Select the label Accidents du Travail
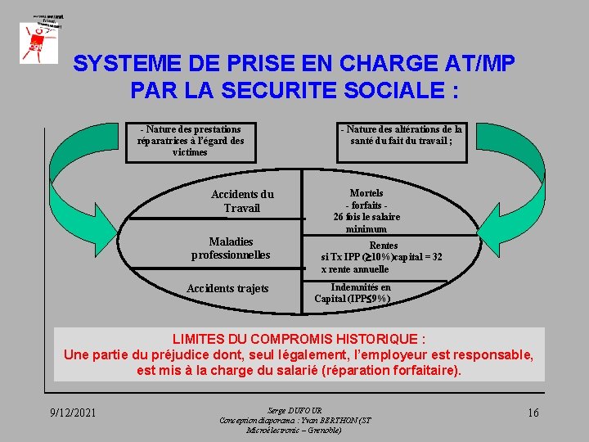pyautogui.click(x=242, y=201)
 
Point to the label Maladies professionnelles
pyautogui.click(x=231, y=248)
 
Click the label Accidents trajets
pyautogui.click(x=227, y=288)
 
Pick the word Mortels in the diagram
pyautogui.click(x=366, y=193)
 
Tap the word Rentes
pyautogui.click(x=383, y=245)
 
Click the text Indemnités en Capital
pyautogui.click(x=353, y=293)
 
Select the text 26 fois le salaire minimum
pyautogui.click(x=366, y=223)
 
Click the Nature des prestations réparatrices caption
pyautogui.click(x=191, y=141)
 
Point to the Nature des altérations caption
pyautogui.click(x=401, y=135)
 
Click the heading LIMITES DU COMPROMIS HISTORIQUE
pyautogui.click(x=299, y=339)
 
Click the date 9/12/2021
pyautogui.click(x=72, y=412)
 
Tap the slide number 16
pyautogui.click(x=533, y=412)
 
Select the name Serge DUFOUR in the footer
pyautogui.click(x=294, y=409)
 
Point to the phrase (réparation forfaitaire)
pyautogui.click(x=393, y=370)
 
